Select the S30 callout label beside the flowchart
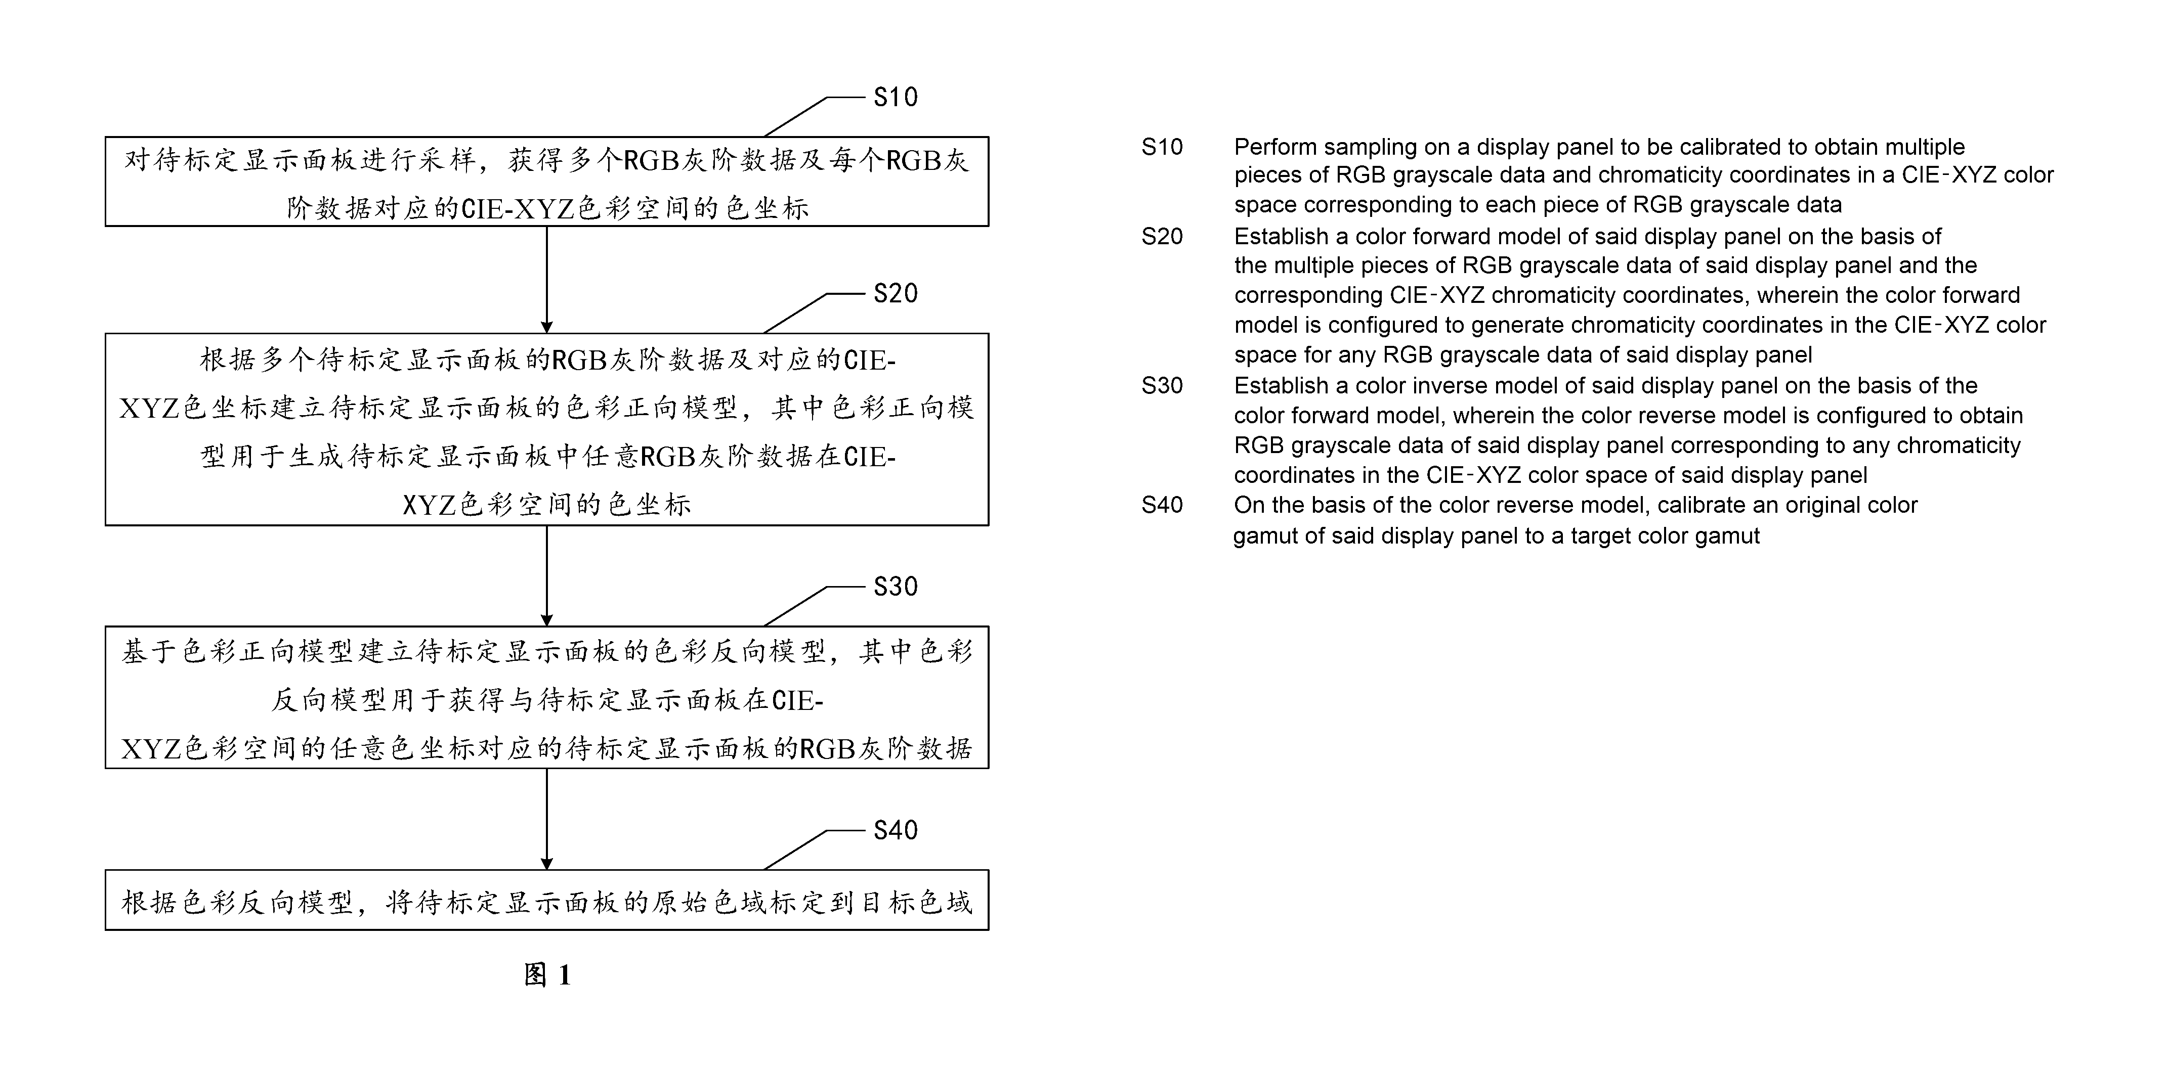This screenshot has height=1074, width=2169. tap(895, 586)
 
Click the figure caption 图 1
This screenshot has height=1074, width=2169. tap(547, 975)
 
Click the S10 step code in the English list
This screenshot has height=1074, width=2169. tap(1162, 147)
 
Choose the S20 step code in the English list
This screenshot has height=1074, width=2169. tap(1162, 237)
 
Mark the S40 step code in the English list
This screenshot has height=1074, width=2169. tap(1162, 505)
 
